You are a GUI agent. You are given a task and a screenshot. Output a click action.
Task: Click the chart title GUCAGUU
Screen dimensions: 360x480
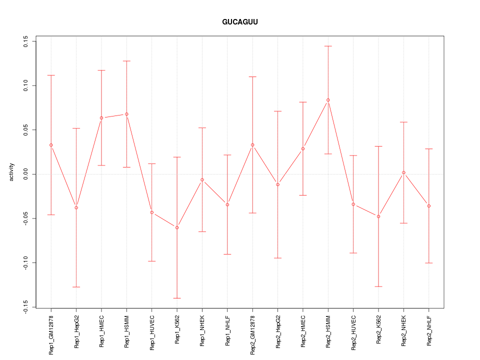pyautogui.click(x=240, y=22)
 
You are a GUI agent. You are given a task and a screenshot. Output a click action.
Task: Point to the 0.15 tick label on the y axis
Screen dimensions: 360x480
pyautogui.click(x=25, y=41)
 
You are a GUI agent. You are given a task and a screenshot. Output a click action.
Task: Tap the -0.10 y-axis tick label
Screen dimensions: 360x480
pyautogui.click(x=25, y=263)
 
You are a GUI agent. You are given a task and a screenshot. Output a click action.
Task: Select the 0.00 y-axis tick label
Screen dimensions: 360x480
pyautogui.click(x=25, y=174)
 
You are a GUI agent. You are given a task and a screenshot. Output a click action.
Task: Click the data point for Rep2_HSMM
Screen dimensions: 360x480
pyautogui.click(x=328, y=100)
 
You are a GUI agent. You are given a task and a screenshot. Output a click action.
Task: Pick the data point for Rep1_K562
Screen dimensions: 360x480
pyautogui.click(x=177, y=227)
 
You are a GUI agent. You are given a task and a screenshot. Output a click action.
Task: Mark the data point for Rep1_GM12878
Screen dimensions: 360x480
pyautogui.click(x=51, y=145)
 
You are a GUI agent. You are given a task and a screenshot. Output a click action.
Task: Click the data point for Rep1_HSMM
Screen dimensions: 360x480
pyautogui.click(x=126, y=114)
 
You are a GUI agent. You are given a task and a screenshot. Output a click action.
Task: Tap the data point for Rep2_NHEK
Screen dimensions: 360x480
pyautogui.click(x=403, y=172)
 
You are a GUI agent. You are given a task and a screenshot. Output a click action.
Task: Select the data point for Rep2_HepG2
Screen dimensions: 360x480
pyautogui.click(x=277, y=184)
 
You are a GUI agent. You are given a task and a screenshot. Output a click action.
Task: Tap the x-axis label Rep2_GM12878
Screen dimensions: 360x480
pyautogui.click(x=252, y=334)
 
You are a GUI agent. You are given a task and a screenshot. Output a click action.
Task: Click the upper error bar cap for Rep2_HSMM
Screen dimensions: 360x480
pyautogui.click(x=328, y=46)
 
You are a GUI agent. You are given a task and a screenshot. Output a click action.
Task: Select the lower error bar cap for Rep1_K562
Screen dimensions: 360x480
pyautogui.click(x=177, y=298)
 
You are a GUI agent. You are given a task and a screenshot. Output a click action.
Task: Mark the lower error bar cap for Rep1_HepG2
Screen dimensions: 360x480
pyautogui.click(x=76, y=287)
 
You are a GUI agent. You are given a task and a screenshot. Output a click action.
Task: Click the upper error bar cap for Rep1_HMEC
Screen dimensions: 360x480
pyautogui.click(x=101, y=70)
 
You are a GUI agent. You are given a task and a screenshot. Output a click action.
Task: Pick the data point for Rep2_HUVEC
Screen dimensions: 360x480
pyautogui.click(x=353, y=204)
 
